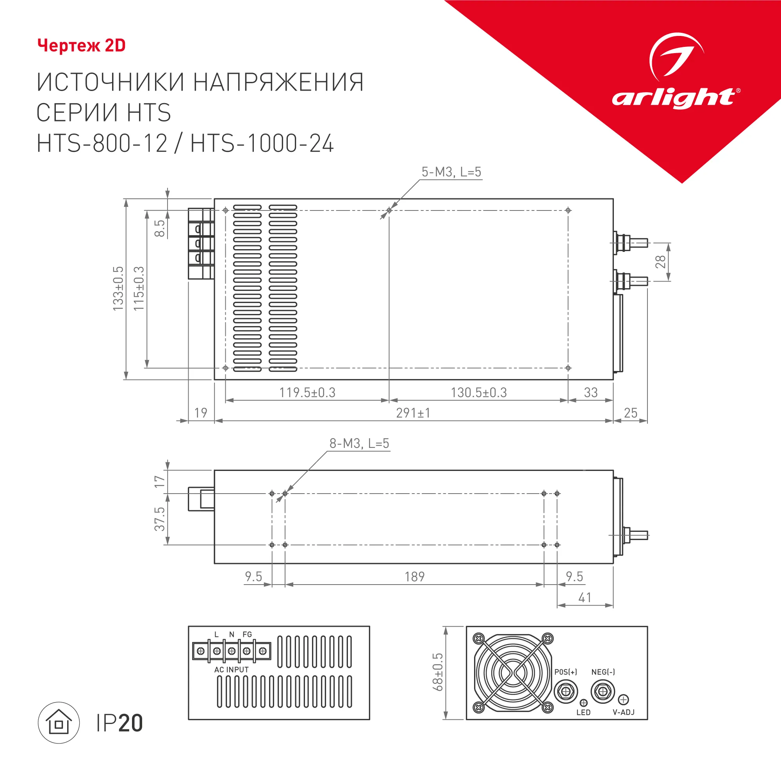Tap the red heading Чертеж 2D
(x=81, y=46)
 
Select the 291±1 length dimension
(x=413, y=413)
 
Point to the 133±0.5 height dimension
(x=118, y=289)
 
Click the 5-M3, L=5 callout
(x=451, y=172)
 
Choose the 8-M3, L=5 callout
(x=359, y=444)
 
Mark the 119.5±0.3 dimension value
(x=307, y=392)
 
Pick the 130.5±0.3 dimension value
(x=479, y=392)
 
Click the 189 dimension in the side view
(x=414, y=576)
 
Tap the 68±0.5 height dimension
(x=438, y=672)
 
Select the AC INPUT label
(x=231, y=670)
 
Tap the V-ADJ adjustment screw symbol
(x=624, y=699)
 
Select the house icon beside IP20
(x=59, y=723)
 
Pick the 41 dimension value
(x=585, y=597)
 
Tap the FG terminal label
(x=247, y=634)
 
